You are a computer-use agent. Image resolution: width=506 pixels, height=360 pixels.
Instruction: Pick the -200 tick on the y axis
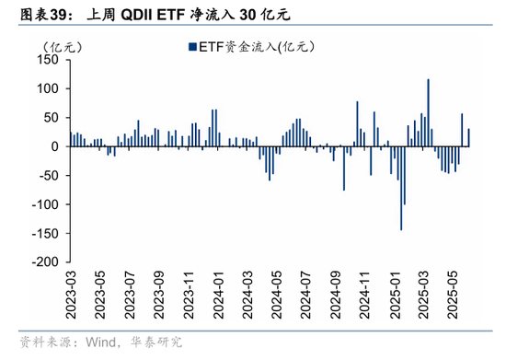tap(43, 261)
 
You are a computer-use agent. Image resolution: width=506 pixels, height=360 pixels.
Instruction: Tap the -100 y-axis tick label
tap(43, 203)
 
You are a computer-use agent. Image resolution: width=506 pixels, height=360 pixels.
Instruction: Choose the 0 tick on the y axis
tap(54, 146)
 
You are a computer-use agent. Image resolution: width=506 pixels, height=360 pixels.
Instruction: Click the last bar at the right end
tap(468, 137)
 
